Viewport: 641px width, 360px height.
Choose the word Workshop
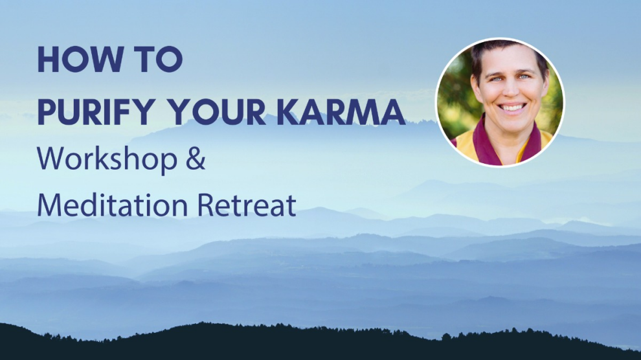point(107,159)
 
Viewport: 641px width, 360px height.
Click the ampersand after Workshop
point(196,159)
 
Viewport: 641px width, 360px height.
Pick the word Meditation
point(113,205)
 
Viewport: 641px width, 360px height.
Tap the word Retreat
point(247,205)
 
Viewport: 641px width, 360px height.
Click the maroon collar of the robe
point(482,143)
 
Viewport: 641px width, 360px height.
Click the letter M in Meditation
point(49,205)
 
